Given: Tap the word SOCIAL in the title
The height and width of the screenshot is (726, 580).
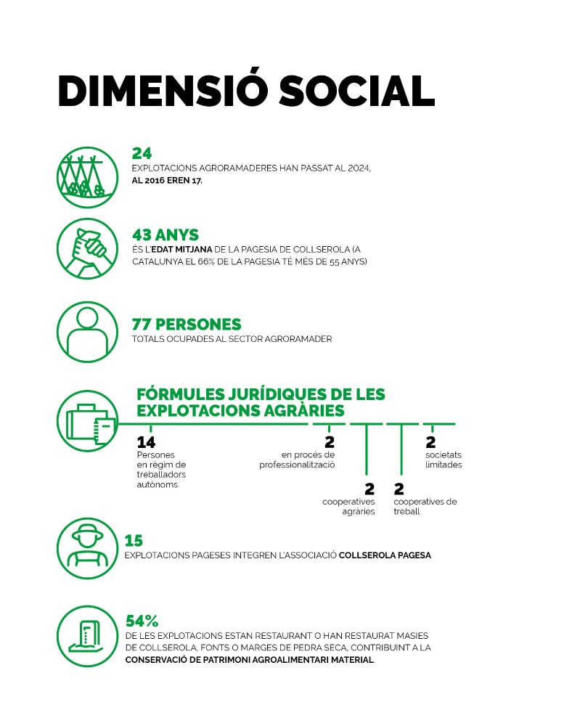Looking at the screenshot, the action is (356, 90).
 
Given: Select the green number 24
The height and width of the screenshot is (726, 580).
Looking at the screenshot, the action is (142, 153).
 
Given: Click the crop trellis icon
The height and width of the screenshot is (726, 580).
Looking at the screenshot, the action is (88, 177).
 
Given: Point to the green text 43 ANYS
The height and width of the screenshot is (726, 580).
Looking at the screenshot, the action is (166, 234).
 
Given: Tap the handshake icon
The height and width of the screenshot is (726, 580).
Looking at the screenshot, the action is (88, 248).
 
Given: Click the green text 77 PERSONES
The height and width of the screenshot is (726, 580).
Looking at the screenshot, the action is (187, 324).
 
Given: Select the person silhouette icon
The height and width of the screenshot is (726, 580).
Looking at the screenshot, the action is (88, 332).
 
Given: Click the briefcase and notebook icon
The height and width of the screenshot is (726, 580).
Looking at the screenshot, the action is (88, 421).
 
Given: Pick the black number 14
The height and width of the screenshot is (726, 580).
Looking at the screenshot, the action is (147, 442).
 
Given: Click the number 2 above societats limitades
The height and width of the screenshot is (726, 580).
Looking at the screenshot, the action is (430, 442).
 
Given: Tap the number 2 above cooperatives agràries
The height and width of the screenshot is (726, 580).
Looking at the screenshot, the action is (369, 489).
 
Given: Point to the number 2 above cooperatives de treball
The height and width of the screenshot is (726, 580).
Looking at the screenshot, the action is (399, 489).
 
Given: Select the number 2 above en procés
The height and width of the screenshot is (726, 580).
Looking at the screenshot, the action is (330, 442).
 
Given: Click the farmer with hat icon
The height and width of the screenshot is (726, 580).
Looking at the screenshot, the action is (88, 548).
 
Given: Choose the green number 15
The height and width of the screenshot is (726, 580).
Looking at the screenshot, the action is (134, 540).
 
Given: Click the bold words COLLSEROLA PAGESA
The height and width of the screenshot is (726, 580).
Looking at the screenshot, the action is (385, 555).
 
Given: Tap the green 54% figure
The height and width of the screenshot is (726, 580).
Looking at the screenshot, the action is (142, 621).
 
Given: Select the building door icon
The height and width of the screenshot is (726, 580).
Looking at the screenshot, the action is (88, 636).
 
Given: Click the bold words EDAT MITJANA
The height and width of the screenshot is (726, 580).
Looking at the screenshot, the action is (182, 250).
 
